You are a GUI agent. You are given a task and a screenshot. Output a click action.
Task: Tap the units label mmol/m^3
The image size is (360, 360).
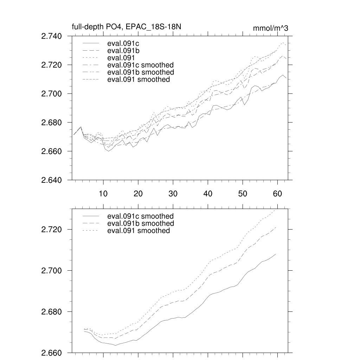(270, 28)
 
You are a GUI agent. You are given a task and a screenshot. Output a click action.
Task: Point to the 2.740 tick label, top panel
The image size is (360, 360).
(52, 36)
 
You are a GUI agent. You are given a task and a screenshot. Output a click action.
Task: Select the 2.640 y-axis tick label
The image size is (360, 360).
(52, 180)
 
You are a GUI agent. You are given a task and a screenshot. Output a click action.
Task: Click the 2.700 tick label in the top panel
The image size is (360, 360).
(52, 94)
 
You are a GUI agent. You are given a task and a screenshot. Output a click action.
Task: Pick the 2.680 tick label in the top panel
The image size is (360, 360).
(52, 123)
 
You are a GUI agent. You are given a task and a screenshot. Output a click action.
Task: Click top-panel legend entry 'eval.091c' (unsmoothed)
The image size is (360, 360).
(121, 44)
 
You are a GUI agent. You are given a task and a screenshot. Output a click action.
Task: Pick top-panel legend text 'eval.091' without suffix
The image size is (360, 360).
(120, 58)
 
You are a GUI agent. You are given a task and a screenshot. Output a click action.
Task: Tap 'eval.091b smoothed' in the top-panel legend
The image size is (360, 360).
(140, 72)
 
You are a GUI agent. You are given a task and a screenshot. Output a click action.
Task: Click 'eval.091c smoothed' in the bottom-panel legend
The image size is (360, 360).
(140, 216)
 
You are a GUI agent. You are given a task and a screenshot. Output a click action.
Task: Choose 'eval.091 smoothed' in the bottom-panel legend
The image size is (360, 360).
(139, 231)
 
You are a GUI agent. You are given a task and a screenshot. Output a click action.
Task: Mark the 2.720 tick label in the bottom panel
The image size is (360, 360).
(52, 230)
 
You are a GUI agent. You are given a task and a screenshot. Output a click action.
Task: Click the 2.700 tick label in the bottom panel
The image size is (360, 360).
(52, 271)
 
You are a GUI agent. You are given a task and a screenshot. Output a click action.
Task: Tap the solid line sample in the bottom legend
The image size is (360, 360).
(91, 216)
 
